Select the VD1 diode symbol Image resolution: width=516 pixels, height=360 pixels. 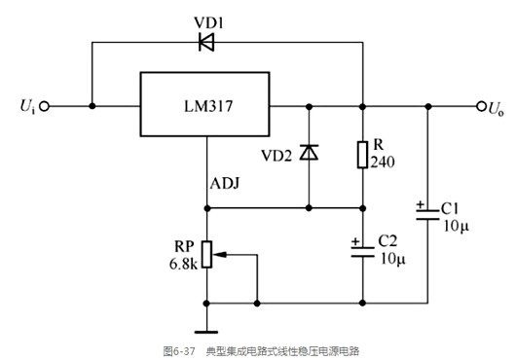click(206, 42)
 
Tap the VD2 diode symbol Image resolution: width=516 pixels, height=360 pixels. click(310, 152)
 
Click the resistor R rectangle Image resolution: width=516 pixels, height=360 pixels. click(362, 153)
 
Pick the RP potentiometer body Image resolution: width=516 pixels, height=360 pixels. click(207, 256)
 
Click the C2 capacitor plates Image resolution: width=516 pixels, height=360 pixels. click(362, 250)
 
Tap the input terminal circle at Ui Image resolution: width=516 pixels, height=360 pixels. click(42, 105)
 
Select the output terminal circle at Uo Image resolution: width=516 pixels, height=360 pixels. click(479, 105)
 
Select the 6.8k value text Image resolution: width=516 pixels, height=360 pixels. click(182, 264)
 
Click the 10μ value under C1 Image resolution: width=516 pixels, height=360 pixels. click(455, 227)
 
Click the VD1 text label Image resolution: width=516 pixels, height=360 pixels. click(206, 18)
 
